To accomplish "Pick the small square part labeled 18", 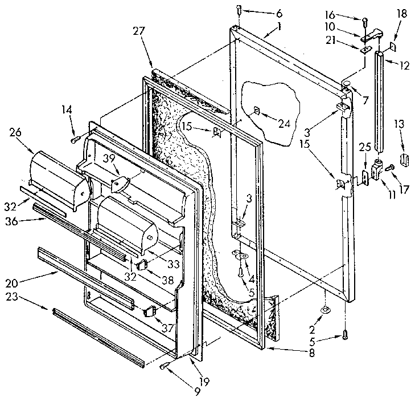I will [x=393, y=44].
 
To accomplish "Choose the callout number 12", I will [x=405, y=66].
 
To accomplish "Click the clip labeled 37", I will [x=150, y=310].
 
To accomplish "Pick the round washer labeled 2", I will [x=325, y=310].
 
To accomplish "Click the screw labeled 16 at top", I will [x=363, y=22].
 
